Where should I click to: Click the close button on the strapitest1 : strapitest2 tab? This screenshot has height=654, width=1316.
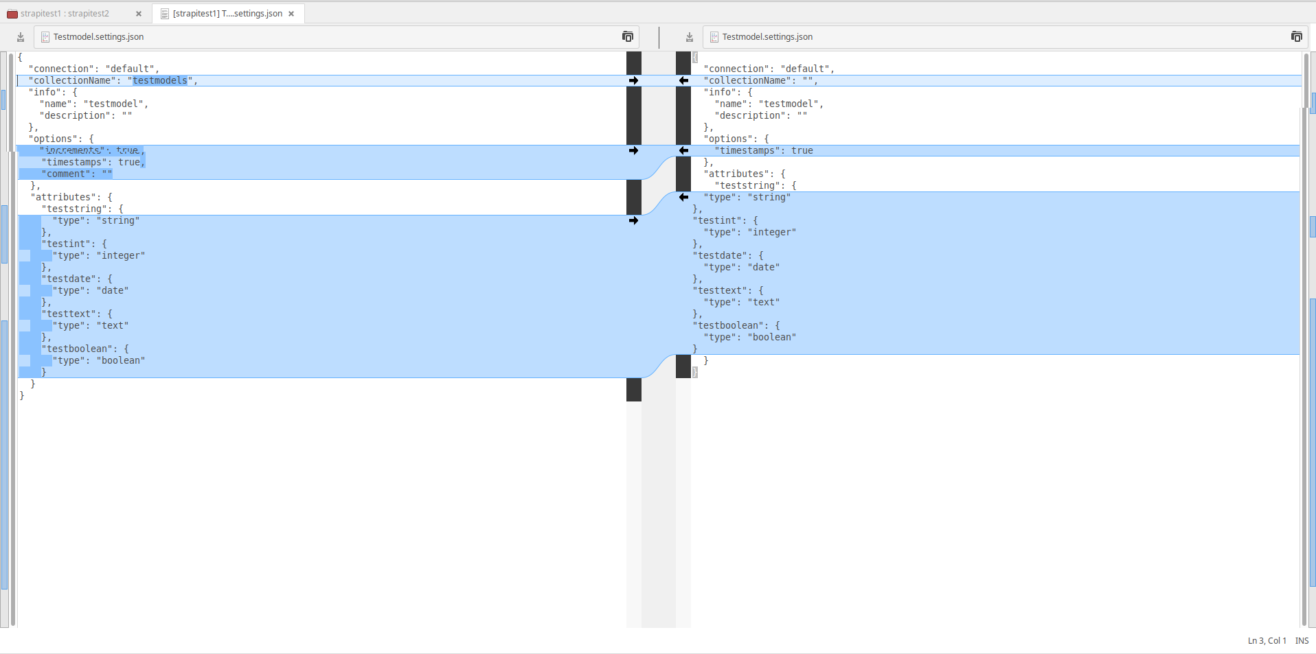coord(138,14)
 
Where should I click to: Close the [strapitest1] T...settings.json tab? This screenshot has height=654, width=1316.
coord(291,14)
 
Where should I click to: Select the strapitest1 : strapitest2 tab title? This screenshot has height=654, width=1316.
coord(65,14)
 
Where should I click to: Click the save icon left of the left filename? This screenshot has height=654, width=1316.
coord(21,37)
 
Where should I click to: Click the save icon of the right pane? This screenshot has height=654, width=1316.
coord(690,37)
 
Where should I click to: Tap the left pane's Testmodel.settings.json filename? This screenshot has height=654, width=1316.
coord(98,37)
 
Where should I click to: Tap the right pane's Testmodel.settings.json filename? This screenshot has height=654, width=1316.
coord(767,37)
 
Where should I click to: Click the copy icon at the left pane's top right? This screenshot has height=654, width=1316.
coord(627,37)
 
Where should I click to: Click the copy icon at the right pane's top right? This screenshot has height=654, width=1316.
coord(1296,37)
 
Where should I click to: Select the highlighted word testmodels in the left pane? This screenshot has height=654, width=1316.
coord(160,81)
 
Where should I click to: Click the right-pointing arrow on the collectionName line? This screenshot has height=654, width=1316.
coord(633,81)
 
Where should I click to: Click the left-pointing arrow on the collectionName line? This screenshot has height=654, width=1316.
coord(683,81)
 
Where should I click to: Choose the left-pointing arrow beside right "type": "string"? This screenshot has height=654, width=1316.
coord(683,198)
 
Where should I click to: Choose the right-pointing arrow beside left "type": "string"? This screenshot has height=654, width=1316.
coord(633,221)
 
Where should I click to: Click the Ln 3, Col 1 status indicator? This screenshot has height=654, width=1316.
coord(1267,641)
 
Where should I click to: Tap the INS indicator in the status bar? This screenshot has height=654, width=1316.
coord(1302,641)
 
